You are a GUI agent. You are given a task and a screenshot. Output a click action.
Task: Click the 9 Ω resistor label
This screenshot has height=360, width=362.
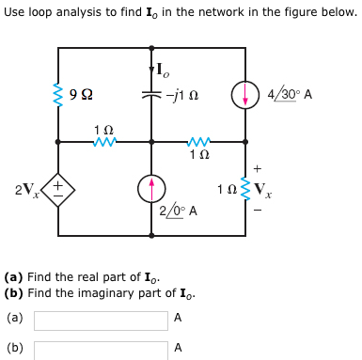click(82, 94)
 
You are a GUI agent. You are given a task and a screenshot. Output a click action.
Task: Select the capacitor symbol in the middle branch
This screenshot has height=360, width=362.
click(152, 94)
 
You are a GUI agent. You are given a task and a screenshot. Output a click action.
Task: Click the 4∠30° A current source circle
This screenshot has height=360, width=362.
click(245, 94)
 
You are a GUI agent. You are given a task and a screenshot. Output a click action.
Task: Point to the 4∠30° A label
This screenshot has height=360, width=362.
click(290, 95)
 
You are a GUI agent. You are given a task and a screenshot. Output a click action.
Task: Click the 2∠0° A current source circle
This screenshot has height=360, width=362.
click(152, 189)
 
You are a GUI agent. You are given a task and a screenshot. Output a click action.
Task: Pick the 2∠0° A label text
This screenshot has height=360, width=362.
click(178, 211)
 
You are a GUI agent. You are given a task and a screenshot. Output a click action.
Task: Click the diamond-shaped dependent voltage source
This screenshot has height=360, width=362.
click(57, 189)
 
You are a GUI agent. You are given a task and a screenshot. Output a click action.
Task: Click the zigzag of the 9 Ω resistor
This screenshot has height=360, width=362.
click(58, 94)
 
